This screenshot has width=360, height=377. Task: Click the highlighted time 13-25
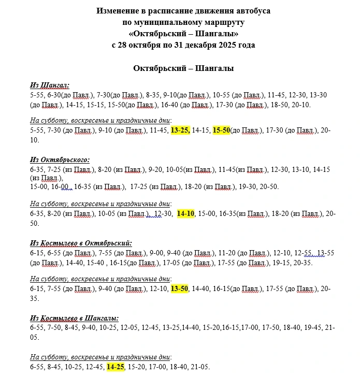[180, 130]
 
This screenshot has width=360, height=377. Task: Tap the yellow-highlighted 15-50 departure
[221, 130]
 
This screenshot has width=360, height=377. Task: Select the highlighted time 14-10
[185, 213]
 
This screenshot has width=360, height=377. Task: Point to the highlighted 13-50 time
[180, 289]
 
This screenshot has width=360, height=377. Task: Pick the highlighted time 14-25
[116, 367]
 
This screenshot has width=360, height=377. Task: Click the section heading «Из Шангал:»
[50, 85]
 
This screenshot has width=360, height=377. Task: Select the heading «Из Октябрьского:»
[60, 160]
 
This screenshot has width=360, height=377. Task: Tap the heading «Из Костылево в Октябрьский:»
[81, 242]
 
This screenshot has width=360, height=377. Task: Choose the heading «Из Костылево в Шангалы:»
[74, 318]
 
